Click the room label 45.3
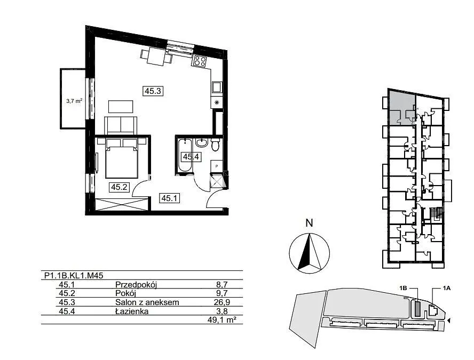(153, 91)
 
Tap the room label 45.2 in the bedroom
(119, 187)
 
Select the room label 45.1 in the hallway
(169, 198)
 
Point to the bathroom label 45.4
(191, 157)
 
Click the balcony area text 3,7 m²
(74, 101)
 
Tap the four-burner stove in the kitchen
(200, 61)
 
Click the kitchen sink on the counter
(217, 87)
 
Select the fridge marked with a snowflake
(216, 103)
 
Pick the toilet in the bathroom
(216, 145)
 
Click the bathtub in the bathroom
(184, 156)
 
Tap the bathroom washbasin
(202, 142)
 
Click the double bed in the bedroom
(122, 158)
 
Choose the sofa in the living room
(121, 125)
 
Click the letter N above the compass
(309, 223)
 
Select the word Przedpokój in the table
(136, 284)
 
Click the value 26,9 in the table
(222, 302)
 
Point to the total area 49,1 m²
(222, 320)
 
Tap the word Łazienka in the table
(132, 311)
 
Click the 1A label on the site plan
(446, 289)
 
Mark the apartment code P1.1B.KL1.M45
(74, 275)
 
